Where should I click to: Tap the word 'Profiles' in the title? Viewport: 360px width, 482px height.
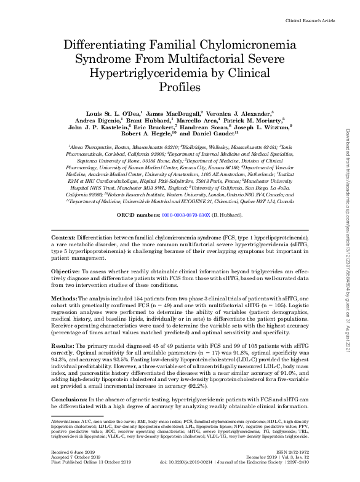tap(180, 87)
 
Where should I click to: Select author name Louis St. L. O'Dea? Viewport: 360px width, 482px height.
tap(116, 114)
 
